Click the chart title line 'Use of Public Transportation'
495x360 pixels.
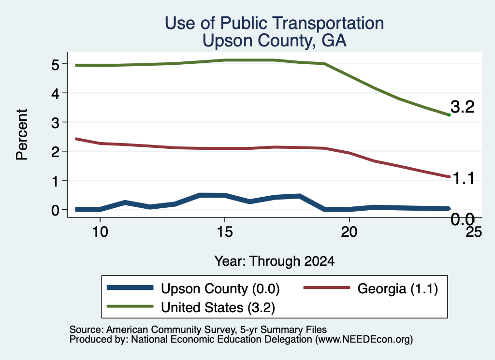coord(275,23)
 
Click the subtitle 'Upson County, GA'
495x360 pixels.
coord(275,41)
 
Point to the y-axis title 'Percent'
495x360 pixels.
coord(22,134)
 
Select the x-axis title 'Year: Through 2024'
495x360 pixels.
coord(275,261)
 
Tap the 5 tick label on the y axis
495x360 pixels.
coord(55,65)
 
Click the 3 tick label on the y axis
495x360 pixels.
coord(55,123)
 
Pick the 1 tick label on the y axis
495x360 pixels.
coord(56,181)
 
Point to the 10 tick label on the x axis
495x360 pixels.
coord(100,232)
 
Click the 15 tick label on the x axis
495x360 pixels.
coord(225,232)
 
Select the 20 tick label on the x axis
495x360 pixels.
coord(349,232)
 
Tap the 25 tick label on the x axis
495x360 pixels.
coord(474,232)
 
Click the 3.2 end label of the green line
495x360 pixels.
coord(463,107)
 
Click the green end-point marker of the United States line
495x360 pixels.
coord(449,115)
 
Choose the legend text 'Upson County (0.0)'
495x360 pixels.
coord(220,288)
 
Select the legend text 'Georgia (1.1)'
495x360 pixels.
coord(398,288)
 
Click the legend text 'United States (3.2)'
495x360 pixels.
coord(218,307)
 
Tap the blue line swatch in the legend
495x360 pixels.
coord(130,288)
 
